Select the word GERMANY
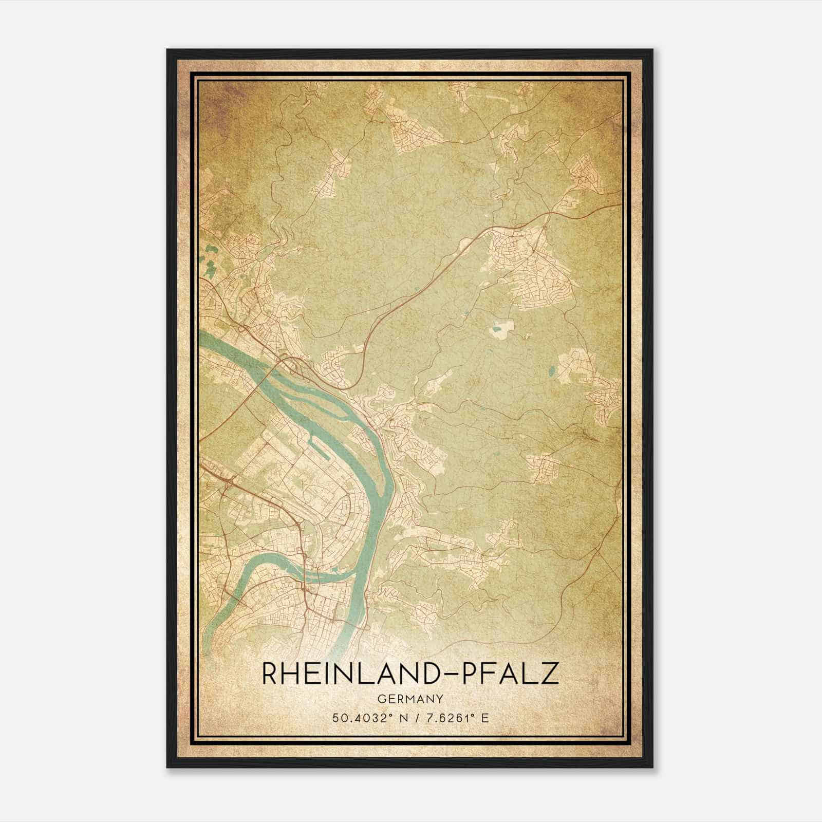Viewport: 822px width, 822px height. tap(410, 699)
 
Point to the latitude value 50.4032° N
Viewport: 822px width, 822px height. tap(366, 718)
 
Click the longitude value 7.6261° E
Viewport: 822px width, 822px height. tap(454, 718)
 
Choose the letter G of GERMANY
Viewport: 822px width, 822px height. tap(380, 699)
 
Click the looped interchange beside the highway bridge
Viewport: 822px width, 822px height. tap(292, 365)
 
